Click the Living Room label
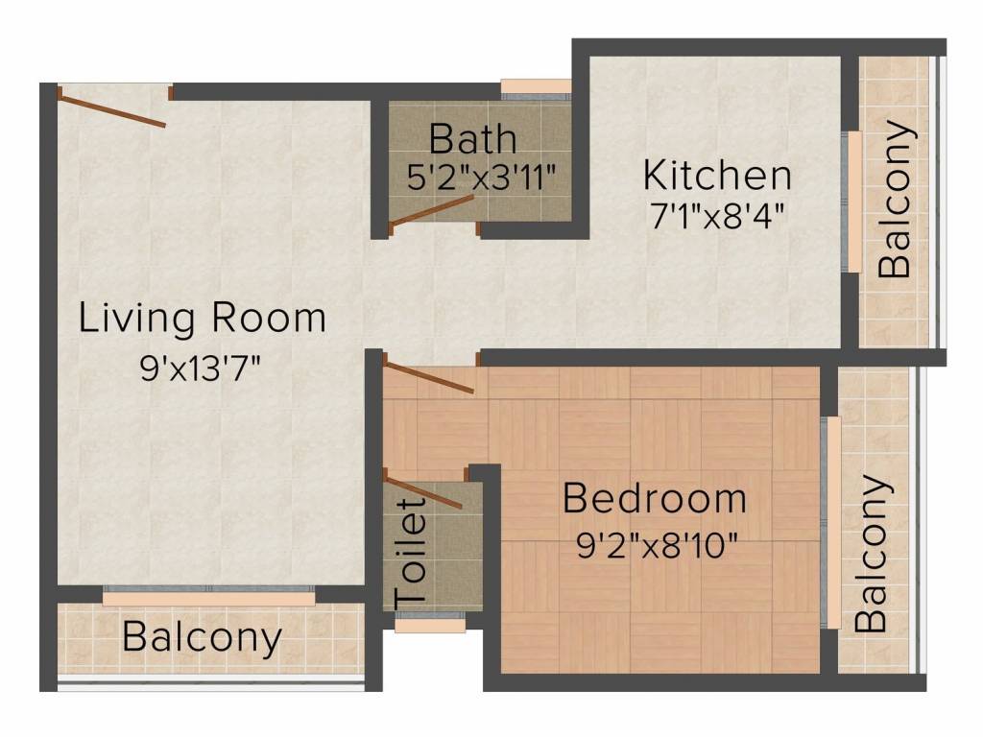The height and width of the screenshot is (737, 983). click(202, 318)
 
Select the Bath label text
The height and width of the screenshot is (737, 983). click(472, 139)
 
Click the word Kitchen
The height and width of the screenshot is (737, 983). click(717, 177)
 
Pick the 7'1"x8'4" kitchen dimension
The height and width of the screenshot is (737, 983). click(717, 214)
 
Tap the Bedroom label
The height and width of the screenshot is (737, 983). click(654, 499)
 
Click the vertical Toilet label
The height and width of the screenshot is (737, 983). click(412, 550)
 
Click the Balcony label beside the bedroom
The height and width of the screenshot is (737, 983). click(871, 553)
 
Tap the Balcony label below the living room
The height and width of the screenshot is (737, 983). click(203, 636)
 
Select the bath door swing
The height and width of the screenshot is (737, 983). click(431, 212)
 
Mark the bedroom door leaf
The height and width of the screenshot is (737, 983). click(429, 377)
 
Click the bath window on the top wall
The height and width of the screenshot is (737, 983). click(536, 87)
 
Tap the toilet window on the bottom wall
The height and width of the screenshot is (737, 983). click(430, 626)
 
